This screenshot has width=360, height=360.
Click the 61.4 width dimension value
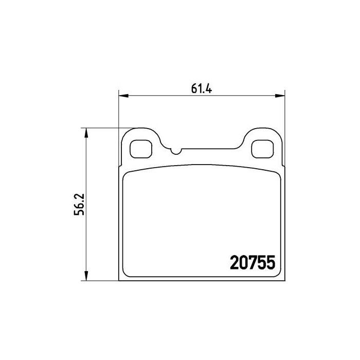(x=202, y=88)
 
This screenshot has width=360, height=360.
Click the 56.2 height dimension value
(x=79, y=204)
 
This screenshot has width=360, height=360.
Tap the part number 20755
(x=253, y=262)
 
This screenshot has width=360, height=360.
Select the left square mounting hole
(x=141, y=149)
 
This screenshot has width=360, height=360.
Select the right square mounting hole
(x=262, y=149)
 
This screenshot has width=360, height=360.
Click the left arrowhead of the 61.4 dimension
(x=123, y=96)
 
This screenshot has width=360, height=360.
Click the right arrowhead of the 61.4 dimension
(x=280, y=96)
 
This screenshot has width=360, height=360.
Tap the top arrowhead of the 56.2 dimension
(x=86, y=133)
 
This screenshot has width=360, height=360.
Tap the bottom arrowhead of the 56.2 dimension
(x=86, y=276)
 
